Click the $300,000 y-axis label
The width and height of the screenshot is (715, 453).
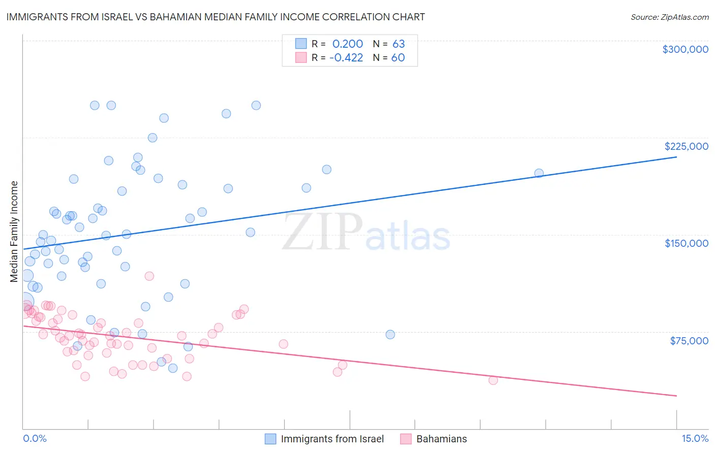coord(685,49)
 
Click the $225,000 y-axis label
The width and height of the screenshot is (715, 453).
coord(686,146)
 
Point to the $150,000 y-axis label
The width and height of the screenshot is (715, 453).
coord(686,243)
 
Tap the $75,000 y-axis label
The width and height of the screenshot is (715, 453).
coord(689,341)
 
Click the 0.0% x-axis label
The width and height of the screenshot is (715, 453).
coord(35,439)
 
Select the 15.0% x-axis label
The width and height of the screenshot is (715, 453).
coord(695,439)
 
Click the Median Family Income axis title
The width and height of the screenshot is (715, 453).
coord(14,232)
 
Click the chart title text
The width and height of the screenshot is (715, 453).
coord(216,17)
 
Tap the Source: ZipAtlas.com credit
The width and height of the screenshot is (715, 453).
coord(669,17)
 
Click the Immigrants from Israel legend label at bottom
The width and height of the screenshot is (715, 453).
coord(332,439)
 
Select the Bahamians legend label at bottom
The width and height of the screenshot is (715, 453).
coord(441,439)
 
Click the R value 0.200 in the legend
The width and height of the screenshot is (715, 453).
coord(347,44)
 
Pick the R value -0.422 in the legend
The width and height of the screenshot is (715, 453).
coord(346,58)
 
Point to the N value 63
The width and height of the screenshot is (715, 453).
coord(398,44)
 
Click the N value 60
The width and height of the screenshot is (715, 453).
coord(398,58)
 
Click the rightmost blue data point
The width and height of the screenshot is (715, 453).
coord(539,173)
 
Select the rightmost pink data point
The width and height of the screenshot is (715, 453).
coord(493,380)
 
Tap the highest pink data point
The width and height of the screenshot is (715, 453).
coord(150,276)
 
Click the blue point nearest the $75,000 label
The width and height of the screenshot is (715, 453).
coord(390,335)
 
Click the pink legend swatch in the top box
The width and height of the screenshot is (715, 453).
coord(301,57)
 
